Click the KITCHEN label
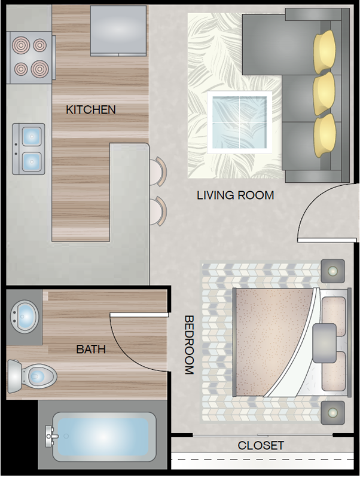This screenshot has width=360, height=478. click(x=91, y=110)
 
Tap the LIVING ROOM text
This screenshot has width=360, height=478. click(x=235, y=195)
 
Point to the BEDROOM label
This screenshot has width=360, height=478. click(x=190, y=345)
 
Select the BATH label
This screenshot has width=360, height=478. click(x=91, y=349)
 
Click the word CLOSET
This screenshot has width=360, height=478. click(x=261, y=445)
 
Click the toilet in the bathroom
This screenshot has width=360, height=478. click(x=32, y=376)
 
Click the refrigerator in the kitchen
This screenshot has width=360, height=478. click(x=118, y=31)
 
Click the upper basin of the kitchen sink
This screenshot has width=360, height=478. click(x=32, y=136)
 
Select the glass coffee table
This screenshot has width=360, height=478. click(x=239, y=122)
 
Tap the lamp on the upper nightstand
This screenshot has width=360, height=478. click(x=332, y=271)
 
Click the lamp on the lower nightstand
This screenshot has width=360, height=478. click(x=332, y=413)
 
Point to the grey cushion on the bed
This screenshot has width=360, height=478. click(x=324, y=343)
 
